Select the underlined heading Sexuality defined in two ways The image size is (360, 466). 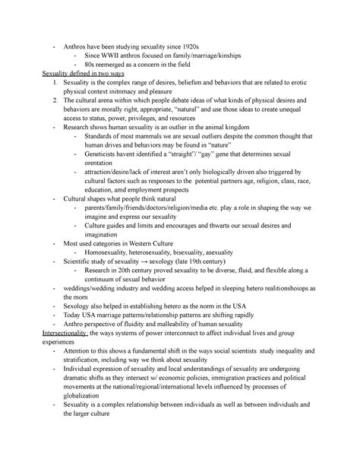point(86,75)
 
